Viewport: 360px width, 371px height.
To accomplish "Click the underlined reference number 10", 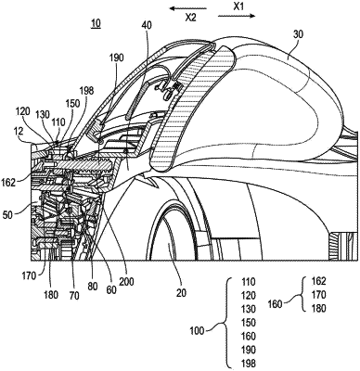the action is click(x=96, y=24).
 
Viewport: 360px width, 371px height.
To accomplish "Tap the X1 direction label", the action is click(x=238, y=6).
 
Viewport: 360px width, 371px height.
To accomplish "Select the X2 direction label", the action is click(x=190, y=18).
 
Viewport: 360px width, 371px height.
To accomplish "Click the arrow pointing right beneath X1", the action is click(x=237, y=16).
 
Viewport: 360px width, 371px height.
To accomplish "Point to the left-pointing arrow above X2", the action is click(x=188, y=8).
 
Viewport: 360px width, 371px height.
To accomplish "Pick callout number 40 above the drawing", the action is click(x=147, y=25).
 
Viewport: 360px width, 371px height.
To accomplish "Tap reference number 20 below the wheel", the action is click(x=181, y=292).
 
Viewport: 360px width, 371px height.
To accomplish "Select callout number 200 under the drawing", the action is click(x=127, y=282).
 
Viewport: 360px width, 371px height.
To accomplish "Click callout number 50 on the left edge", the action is click(x=6, y=214).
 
